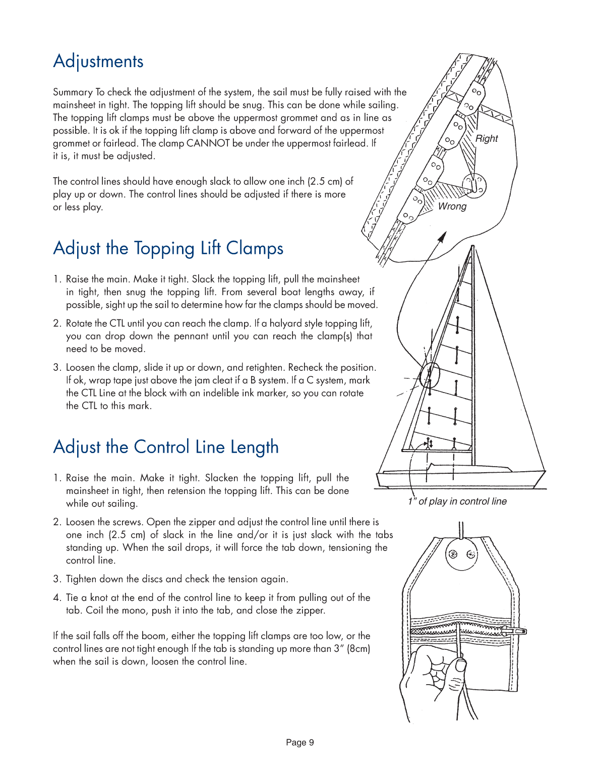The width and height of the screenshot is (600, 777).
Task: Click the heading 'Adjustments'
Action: tap(98, 62)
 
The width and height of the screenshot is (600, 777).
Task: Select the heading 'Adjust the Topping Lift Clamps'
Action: tap(168, 249)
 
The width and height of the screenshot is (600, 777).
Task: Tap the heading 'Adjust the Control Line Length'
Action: tap(166, 448)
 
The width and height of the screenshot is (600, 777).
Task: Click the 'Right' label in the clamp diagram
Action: tap(487, 139)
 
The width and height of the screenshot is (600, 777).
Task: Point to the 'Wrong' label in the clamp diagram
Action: tap(452, 206)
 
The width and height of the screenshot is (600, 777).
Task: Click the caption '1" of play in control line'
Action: tap(457, 502)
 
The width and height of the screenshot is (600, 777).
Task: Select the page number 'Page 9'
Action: tap(300, 742)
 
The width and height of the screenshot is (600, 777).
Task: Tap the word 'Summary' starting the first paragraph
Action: tap(73, 92)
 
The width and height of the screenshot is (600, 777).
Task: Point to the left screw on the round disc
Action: tap(453, 554)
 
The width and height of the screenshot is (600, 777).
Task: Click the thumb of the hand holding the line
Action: tap(460, 666)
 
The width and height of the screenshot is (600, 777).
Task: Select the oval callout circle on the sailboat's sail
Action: tap(430, 375)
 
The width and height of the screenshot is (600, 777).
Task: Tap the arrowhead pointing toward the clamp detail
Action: tap(442, 236)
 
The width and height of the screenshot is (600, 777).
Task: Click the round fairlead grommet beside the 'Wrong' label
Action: tap(474, 185)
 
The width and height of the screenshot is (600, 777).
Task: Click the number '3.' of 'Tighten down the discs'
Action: tap(57, 579)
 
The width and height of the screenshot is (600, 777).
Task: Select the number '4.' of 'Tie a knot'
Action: tap(57, 598)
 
